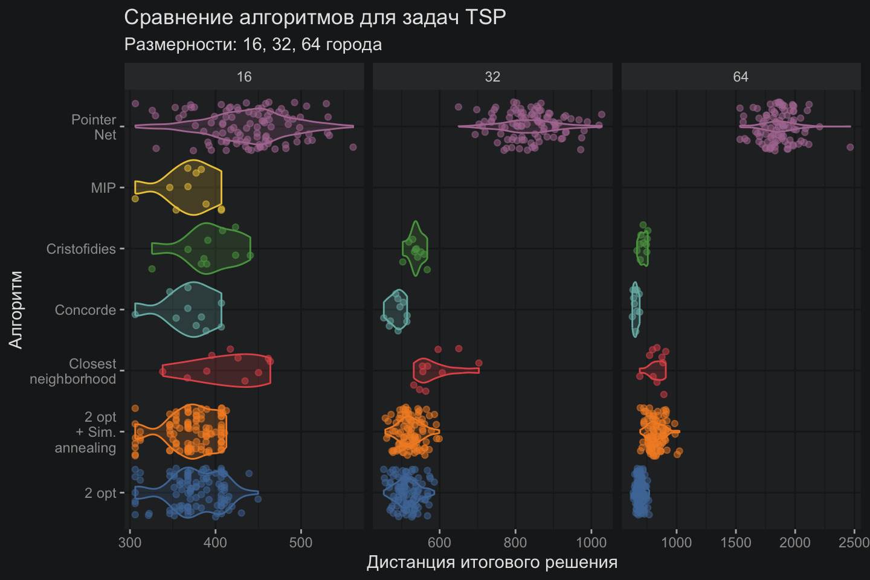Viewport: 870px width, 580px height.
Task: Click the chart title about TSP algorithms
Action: pos(315,18)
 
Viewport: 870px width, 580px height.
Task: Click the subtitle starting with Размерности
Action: pos(253,45)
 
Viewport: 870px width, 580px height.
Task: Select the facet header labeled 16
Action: pos(244,77)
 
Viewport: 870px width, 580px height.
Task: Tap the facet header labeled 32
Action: pos(492,77)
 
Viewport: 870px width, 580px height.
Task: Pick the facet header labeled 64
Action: pos(741,77)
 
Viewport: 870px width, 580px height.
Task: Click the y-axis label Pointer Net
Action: pos(94,127)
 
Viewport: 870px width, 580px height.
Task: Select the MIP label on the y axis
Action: pos(103,188)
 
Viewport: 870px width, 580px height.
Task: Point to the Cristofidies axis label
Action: pos(81,249)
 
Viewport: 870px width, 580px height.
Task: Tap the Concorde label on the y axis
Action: pos(85,310)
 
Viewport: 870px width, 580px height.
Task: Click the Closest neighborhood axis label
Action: pos(73,371)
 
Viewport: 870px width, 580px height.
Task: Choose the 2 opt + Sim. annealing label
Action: pos(86,432)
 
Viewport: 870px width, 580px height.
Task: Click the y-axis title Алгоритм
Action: pos(16,309)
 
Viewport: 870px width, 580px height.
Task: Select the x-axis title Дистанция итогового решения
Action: pos(492,562)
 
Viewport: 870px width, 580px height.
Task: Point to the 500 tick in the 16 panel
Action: pos(301,542)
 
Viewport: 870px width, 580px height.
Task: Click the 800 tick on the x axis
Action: pos(515,542)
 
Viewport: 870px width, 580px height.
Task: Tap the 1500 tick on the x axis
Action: pos(736,542)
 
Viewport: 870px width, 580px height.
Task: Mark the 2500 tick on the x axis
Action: pos(854,542)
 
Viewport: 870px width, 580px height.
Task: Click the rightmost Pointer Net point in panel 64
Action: pos(850,147)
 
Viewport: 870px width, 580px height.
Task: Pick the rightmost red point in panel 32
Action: pos(478,363)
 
